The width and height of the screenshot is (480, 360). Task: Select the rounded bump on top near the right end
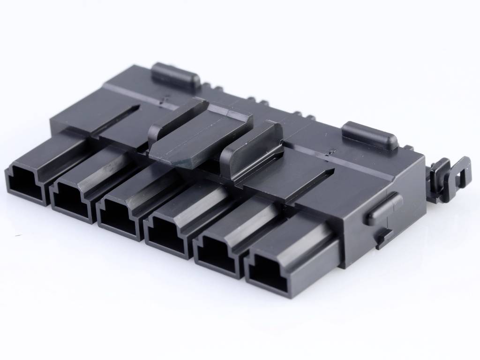click(370, 135)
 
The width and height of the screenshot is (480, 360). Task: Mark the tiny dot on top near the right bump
click(331, 151)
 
